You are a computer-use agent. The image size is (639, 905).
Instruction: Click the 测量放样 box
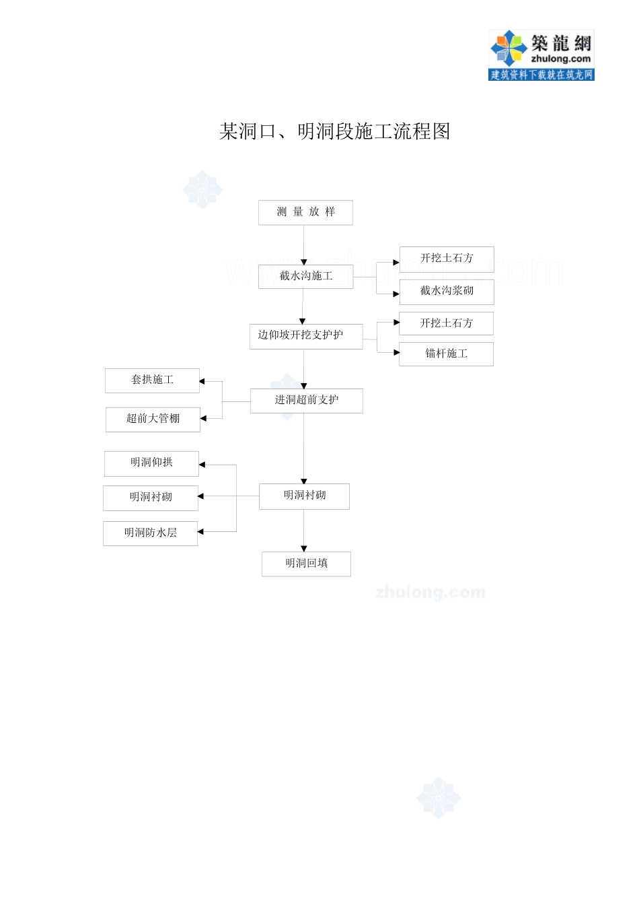tap(305, 212)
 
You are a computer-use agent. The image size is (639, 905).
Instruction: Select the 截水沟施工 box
tap(305, 276)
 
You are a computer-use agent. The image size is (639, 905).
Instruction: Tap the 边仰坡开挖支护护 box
tap(305, 335)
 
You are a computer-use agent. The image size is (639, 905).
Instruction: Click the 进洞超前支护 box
tap(306, 401)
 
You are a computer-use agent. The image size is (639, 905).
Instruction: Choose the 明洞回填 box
tap(306, 564)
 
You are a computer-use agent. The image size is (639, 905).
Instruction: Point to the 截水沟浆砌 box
tap(446, 292)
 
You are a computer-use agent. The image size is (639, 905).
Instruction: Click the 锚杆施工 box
tap(446, 354)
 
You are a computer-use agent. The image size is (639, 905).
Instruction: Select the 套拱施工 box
tap(152, 380)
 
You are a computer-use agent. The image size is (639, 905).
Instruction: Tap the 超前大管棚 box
tap(153, 419)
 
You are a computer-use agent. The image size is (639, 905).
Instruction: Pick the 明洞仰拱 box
tap(151, 463)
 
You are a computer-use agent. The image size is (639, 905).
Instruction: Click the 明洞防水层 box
tap(150, 533)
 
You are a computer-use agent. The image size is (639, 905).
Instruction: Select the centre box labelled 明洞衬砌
tap(304, 496)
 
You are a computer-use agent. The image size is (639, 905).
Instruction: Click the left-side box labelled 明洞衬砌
tap(151, 498)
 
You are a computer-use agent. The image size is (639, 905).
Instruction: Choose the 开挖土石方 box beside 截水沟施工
tap(446, 259)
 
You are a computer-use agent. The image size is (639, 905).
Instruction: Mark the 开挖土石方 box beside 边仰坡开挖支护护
tap(446, 323)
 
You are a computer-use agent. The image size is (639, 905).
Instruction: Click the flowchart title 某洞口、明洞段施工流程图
tap(334, 131)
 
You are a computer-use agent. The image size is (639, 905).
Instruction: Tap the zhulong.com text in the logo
tap(560, 59)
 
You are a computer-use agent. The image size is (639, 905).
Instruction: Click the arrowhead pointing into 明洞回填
tap(304, 549)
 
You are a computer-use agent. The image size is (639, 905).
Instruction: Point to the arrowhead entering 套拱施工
tap(202, 382)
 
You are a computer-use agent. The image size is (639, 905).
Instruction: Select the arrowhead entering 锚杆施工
tap(396, 352)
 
